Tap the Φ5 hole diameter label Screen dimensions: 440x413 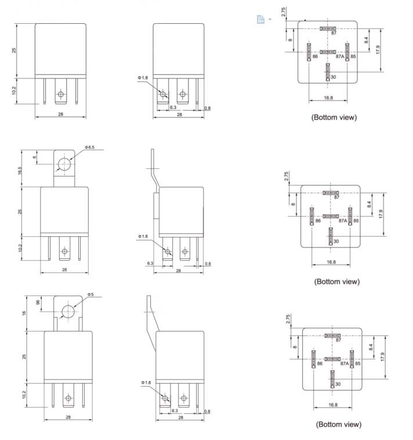pos(90,295)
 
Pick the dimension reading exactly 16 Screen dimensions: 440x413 pos(24,313)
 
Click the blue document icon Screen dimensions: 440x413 pos(260,19)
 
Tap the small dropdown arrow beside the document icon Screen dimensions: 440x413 pos(270,20)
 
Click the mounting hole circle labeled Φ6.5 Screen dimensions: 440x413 pos(64,165)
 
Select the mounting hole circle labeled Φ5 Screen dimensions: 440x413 pos(69,311)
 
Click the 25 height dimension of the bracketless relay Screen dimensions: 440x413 pos(15,51)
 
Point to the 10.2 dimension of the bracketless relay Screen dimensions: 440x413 pos(15,90)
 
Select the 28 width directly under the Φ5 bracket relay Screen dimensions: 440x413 pos(68,417)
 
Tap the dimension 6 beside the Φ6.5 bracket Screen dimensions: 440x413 pos(34,157)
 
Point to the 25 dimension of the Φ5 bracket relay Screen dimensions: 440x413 pos(24,355)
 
